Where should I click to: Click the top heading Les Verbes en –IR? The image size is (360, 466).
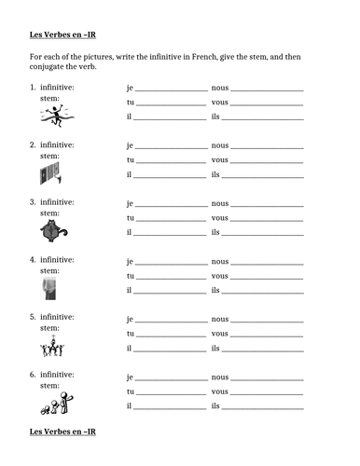click(x=59, y=39)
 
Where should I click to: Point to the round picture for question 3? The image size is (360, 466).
click(x=51, y=232)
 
